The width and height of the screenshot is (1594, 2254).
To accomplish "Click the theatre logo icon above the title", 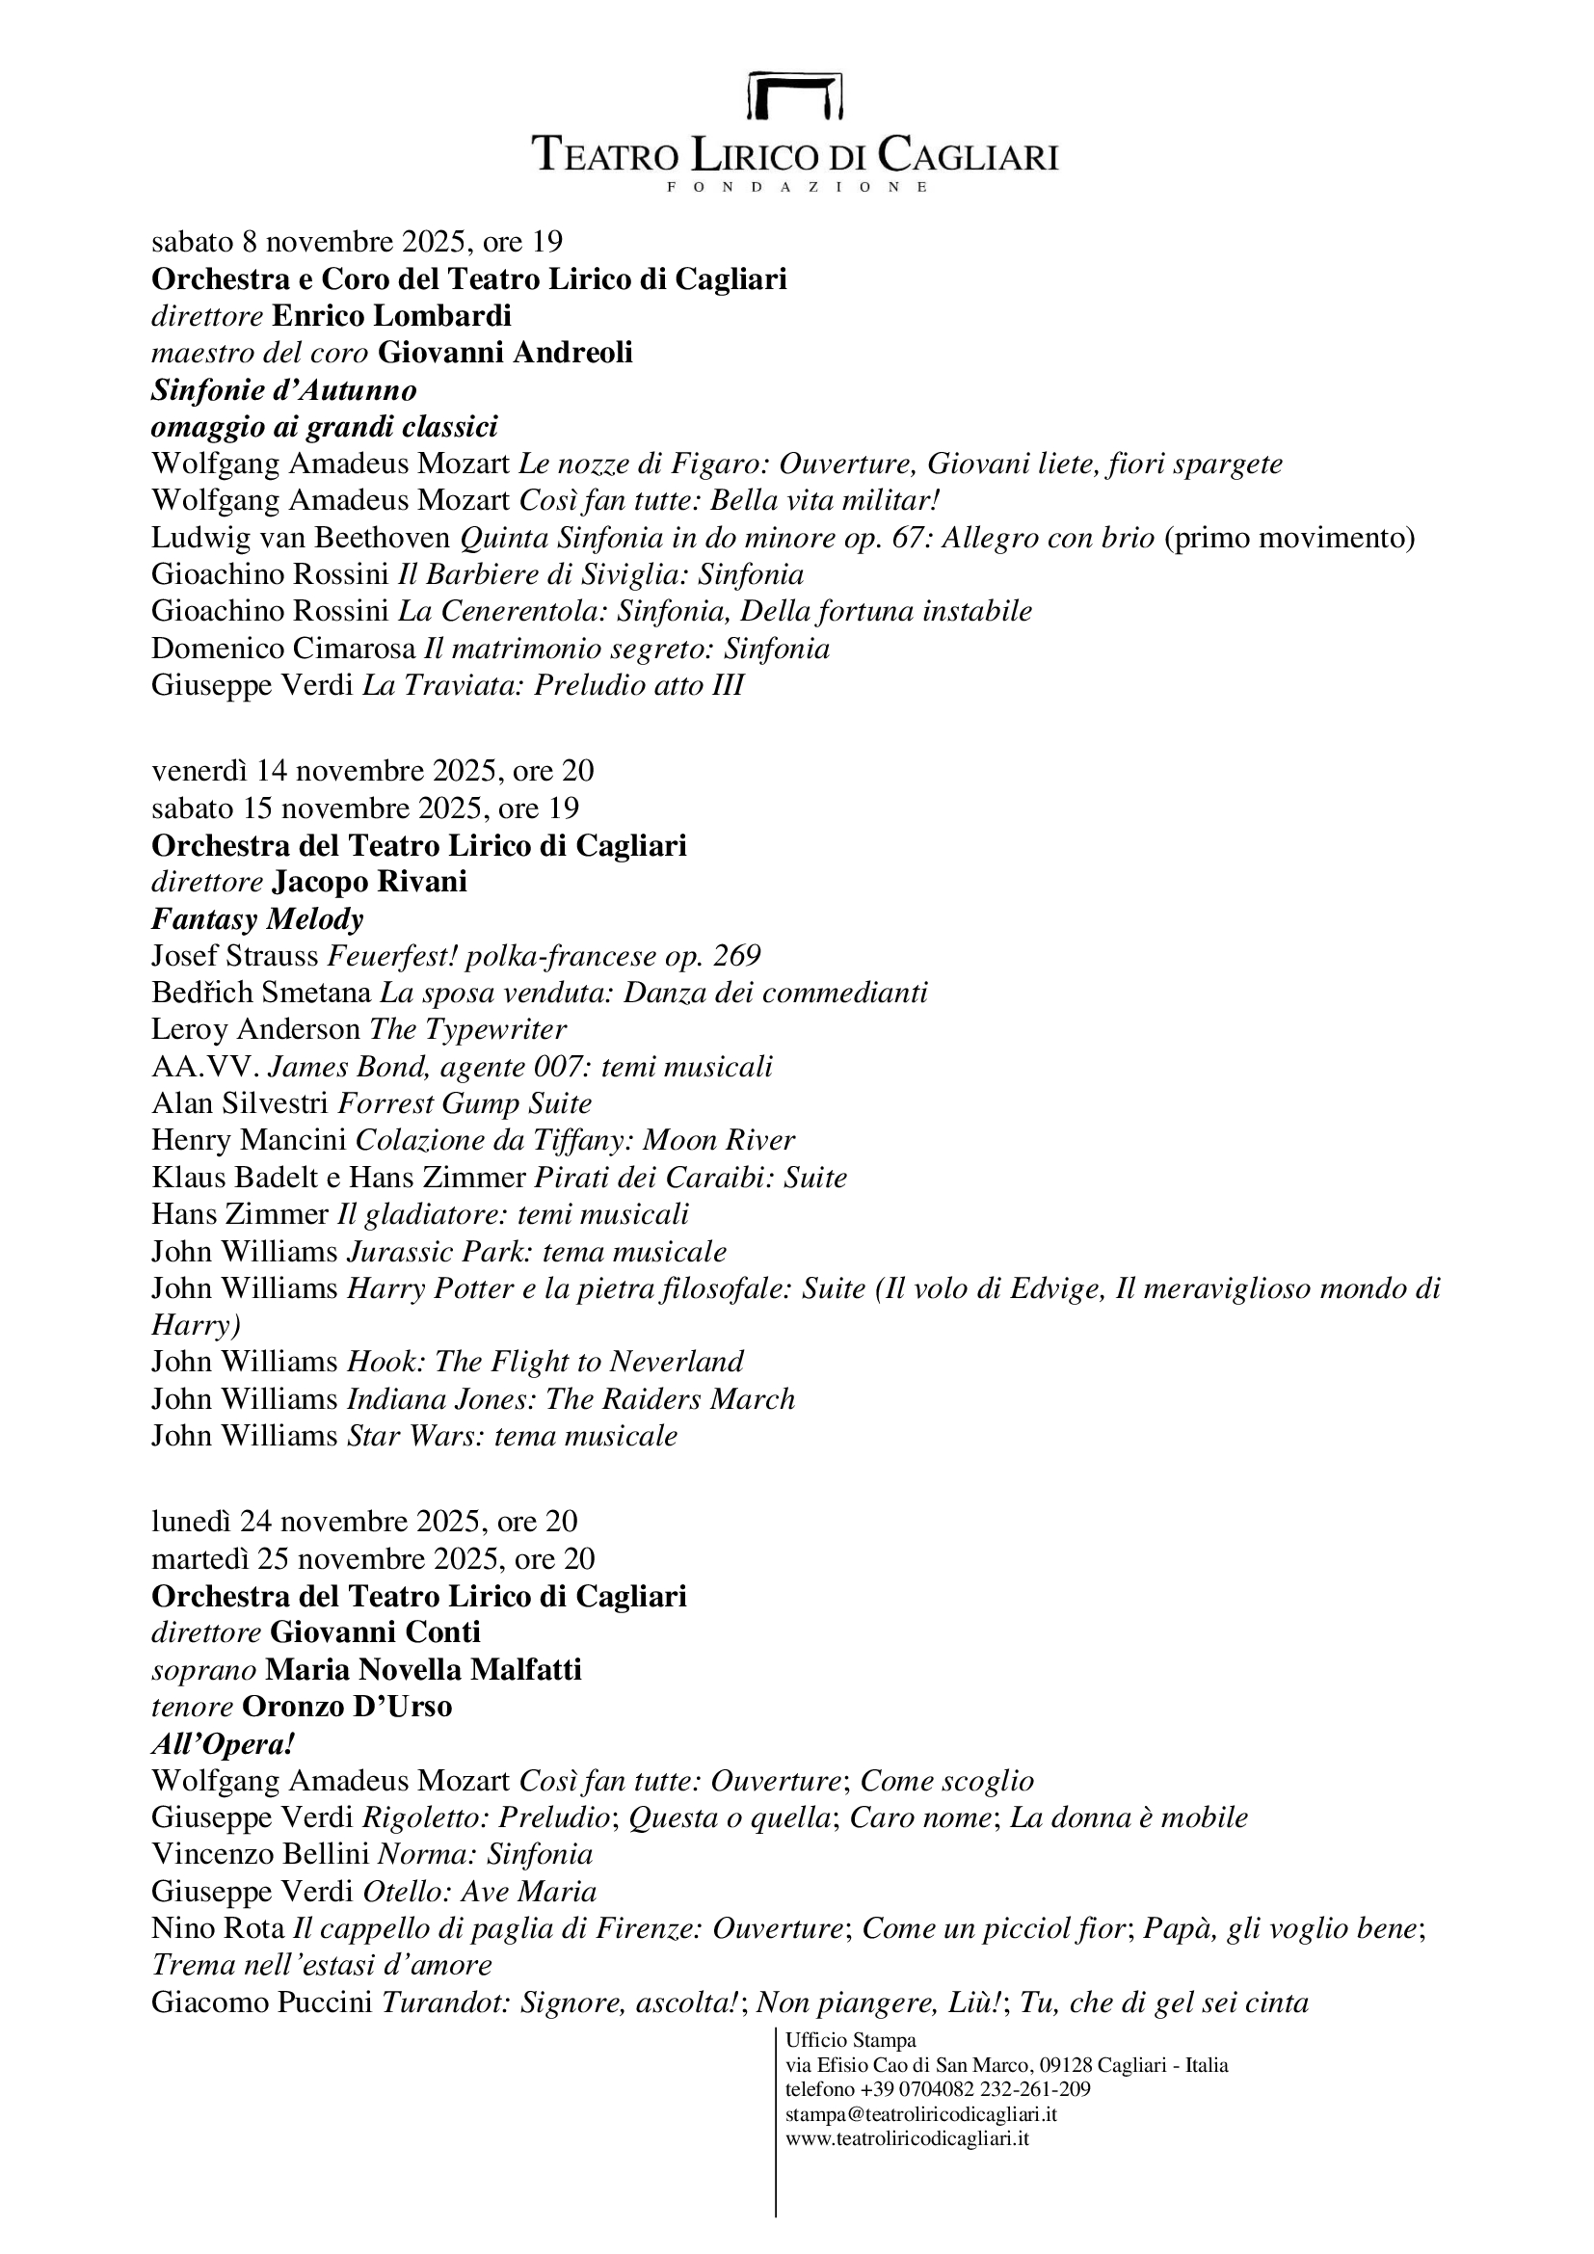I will (x=795, y=96).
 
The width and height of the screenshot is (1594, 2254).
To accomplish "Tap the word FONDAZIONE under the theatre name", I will (x=796, y=187).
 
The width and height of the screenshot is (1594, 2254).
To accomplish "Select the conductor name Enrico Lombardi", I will (x=390, y=316).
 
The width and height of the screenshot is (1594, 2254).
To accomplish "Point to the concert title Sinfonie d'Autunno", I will (x=283, y=389).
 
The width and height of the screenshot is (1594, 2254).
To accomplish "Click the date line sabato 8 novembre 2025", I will (x=358, y=242).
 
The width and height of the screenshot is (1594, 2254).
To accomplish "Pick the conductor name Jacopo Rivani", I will (x=369, y=882).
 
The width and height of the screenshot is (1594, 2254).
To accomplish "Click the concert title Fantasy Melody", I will (x=257, y=919).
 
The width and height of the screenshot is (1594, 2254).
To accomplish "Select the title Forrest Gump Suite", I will (x=465, y=1103).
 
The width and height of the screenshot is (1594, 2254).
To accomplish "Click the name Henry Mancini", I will (x=249, y=1141).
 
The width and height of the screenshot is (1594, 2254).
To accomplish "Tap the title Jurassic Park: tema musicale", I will (x=537, y=1252).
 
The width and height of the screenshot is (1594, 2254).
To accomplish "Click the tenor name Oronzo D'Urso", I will (x=347, y=1708).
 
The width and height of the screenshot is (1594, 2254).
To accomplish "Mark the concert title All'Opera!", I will (x=224, y=1744).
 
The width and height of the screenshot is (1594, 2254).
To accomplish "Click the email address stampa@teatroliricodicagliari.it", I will (x=920, y=2113).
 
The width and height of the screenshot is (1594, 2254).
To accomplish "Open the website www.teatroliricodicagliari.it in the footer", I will (x=907, y=2138).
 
